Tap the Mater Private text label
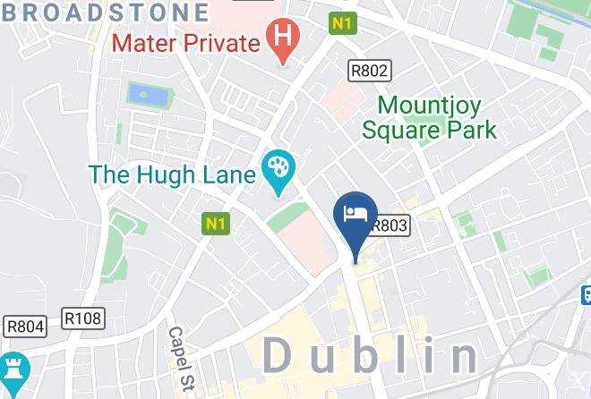[x=185, y=42]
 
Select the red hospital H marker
[x=283, y=39]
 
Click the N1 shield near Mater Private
[x=342, y=24]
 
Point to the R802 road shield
[x=369, y=69]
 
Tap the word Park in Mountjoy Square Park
[x=472, y=131]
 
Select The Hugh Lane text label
[x=172, y=174]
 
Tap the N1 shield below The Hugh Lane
[x=216, y=224]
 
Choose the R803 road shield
[x=390, y=227]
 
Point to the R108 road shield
[x=83, y=317]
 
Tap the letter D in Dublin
[x=280, y=356]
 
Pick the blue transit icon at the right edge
[x=586, y=293]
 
